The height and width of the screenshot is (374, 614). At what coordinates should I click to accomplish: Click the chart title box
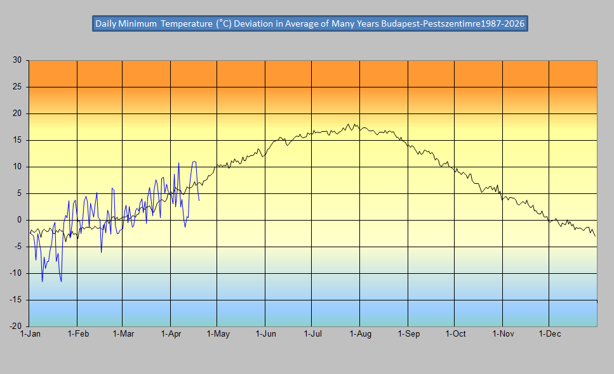click(310, 23)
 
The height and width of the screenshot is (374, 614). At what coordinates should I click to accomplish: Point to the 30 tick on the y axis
click(17, 60)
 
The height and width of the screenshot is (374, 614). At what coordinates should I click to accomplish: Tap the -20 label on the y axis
click(15, 326)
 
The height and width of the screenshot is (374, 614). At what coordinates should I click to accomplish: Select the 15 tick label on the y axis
click(17, 140)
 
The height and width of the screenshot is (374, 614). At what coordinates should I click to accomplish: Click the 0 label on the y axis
click(19, 220)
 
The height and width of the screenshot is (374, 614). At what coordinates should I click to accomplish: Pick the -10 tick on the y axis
click(15, 273)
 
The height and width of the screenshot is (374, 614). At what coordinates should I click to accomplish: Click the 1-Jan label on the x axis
click(30, 333)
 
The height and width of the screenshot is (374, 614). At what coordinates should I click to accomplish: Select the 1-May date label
click(218, 333)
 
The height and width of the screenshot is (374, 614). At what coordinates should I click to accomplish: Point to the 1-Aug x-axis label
click(360, 333)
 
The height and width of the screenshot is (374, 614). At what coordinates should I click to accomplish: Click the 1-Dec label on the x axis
click(549, 333)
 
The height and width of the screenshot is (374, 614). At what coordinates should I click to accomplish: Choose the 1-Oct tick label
click(455, 333)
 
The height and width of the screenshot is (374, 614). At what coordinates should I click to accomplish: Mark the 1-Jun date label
click(265, 333)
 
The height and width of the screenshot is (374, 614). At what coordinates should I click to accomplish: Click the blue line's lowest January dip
click(62, 281)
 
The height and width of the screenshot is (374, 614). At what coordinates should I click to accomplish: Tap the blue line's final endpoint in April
click(199, 200)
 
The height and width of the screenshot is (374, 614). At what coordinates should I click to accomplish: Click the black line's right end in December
click(596, 236)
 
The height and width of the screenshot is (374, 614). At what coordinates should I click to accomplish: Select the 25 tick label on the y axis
click(17, 87)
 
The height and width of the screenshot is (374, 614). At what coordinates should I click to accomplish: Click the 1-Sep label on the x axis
click(408, 333)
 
